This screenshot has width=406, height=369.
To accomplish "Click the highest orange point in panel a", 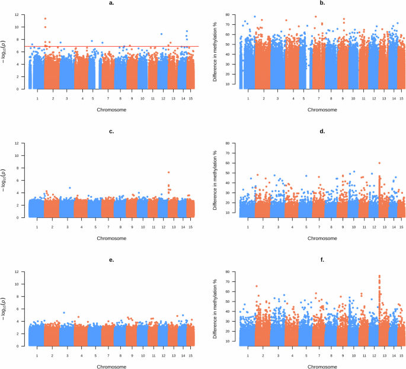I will (45, 18).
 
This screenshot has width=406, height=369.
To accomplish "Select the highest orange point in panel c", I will (168, 172).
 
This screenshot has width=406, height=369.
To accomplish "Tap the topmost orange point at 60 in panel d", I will (379, 163).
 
